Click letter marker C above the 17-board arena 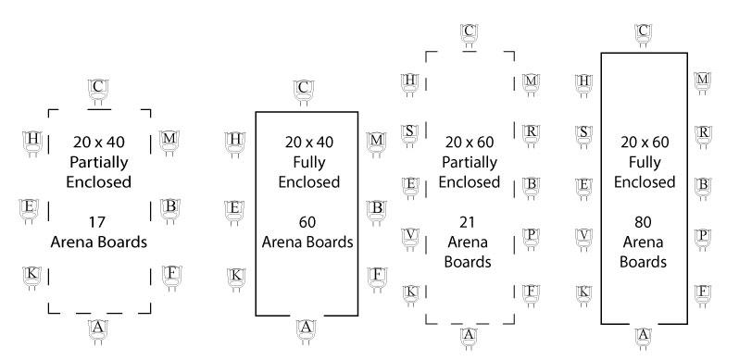(x=99, y=88)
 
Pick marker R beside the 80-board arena (x=703, y=131)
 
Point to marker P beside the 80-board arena (x=703, y=236)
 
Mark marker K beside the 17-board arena (x=32, y=275)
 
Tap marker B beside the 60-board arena (x=376, y=207)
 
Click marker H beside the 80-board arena (x=584, y=81)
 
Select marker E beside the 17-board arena (x=31, y=207)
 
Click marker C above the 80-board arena (x=643, y=32)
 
